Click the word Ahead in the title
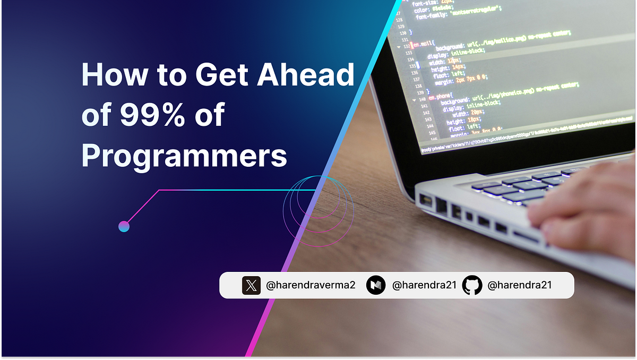click(x=305, y=75)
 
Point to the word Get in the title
click(x=222, y=75)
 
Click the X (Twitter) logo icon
click(x=251, y=286)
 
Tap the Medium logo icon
click(x=376, y=286)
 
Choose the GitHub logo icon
click(x=472, y=286)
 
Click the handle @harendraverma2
click(x=311, y=286)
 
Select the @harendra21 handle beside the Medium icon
click(x=424, y=286)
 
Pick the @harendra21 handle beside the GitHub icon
click(x=520, y=286)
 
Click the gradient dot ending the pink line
click(x=124, y=227)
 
